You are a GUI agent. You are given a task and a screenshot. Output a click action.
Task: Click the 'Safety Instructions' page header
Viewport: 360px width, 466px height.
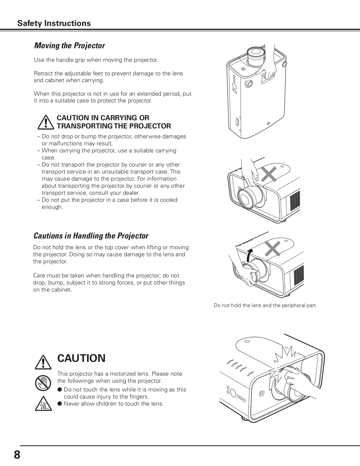point(54,23)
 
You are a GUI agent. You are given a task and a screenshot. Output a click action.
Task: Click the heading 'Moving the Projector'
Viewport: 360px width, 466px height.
point(69,45)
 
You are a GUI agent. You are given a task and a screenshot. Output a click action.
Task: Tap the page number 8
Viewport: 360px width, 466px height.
point(17,455)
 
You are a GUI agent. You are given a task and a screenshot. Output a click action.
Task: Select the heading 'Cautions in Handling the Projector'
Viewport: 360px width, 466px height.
point(91,236)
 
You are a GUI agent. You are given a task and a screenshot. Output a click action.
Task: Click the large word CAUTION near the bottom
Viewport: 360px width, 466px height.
point(81,358)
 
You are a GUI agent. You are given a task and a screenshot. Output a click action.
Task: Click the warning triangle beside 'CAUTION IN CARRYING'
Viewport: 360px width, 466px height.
point(45,122)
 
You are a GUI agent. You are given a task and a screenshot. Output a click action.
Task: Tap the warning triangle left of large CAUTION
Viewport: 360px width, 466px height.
point(43,362)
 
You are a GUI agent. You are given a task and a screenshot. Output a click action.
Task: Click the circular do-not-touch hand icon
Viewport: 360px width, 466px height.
point(43,383)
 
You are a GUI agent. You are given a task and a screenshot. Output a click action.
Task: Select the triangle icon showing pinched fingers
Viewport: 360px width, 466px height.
point(43,404)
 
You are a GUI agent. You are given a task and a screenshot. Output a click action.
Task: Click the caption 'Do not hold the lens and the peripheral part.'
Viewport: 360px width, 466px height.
point(265,305)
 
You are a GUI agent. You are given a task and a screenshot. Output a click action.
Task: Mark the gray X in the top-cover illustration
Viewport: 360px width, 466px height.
point(269,174)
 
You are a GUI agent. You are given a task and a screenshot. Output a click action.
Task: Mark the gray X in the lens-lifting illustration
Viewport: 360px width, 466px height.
point(273,249)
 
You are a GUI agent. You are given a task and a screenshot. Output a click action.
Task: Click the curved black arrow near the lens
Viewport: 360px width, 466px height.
point(249,255)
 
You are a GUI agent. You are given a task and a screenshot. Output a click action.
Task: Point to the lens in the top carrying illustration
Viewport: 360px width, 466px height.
point(256,54)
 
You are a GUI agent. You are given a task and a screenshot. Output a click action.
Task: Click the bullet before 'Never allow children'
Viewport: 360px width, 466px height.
point(60,404)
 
